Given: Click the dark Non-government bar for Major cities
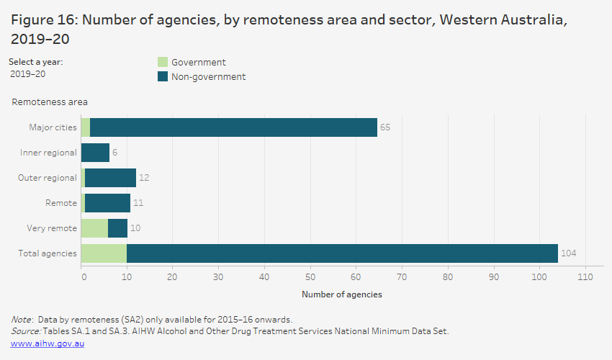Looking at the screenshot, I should (233, 127).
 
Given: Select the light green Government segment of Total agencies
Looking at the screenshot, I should (104, 253).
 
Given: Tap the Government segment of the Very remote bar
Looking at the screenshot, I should (94, 228).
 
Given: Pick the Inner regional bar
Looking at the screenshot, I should (95, 153).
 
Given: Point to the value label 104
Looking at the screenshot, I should (569, 253).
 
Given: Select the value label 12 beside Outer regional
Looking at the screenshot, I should (143, 178).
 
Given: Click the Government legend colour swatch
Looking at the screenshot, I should (162, 63).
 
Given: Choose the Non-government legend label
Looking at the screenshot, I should (208, 77).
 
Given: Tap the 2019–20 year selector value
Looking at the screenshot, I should (28, 74).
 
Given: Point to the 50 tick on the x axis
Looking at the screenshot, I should (310, 276).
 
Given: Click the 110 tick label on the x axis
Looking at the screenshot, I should (585, 276).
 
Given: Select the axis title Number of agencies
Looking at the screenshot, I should (342, 294).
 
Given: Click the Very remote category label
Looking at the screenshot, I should (51, 228).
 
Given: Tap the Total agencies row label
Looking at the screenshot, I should (48, 253).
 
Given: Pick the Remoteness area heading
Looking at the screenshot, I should (50, 102).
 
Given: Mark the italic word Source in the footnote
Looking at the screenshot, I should (26, 331).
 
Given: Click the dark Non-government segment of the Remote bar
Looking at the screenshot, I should (107, 203).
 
